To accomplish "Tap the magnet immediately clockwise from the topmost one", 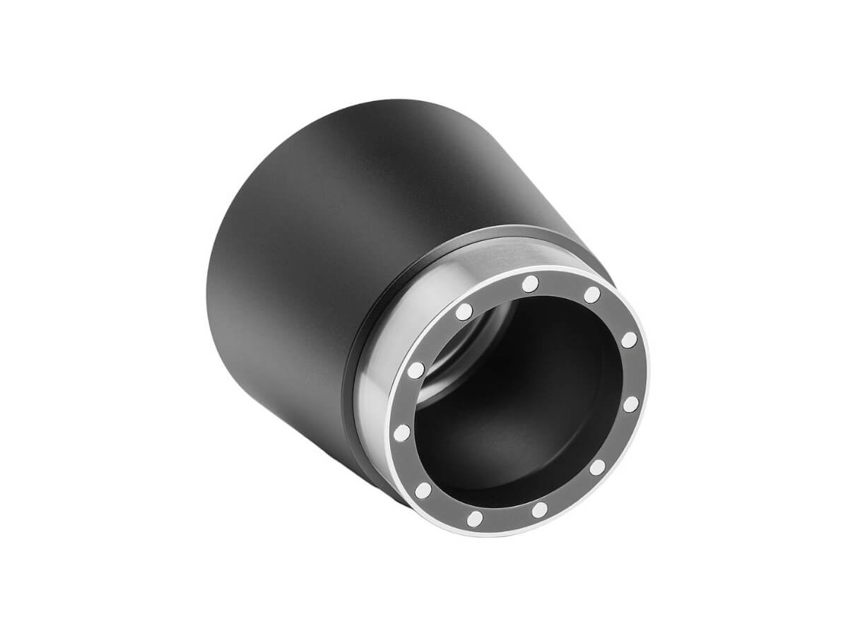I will [x=592, y=295].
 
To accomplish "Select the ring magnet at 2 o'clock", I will [x=629, y=341].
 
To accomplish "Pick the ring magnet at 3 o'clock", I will [x=631, y=404].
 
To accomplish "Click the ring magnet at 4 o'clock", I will [x=597, y=467].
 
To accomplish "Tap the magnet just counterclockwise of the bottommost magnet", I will [x=539, y=509].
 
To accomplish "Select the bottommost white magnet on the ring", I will [x=475, y=519].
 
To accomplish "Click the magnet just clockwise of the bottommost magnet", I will [x=423, y=490].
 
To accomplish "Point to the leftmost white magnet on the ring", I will [x=401, y=432].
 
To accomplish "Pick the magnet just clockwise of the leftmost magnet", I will [x=417, y=369].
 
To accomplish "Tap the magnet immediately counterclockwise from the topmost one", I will [x=464, y=312].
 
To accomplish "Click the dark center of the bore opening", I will [x=523, y=410].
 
